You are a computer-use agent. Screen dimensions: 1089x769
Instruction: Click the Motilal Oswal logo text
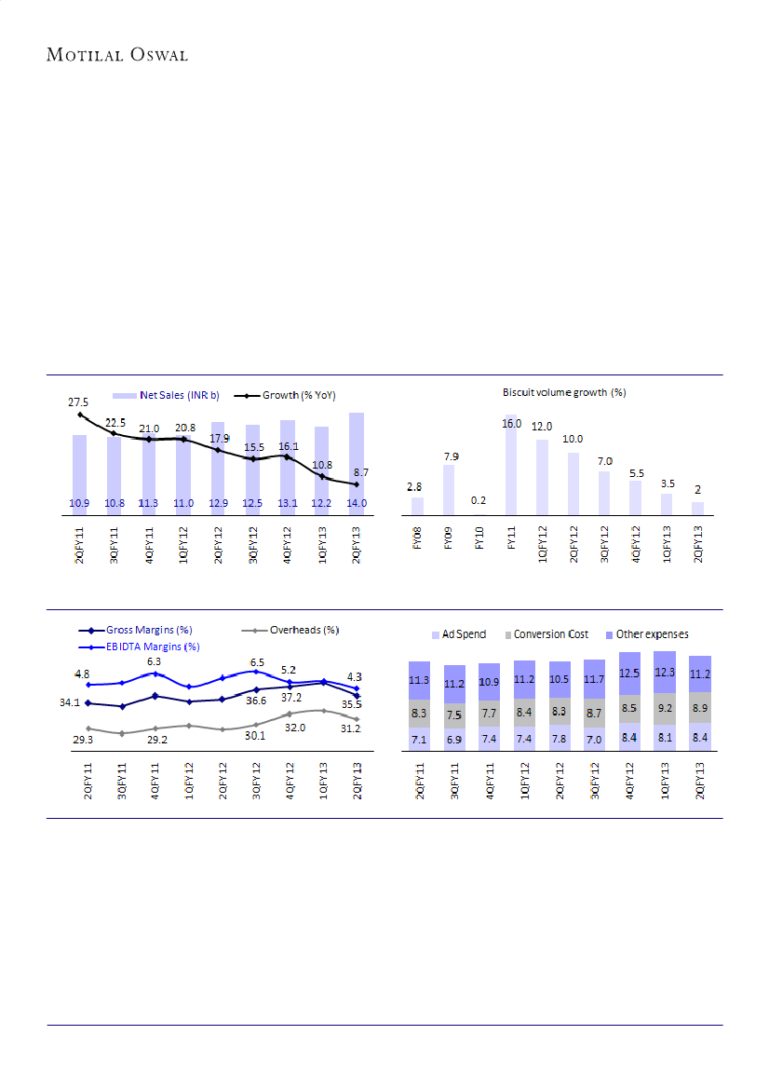117,54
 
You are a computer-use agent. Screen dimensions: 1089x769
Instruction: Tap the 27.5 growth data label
79,402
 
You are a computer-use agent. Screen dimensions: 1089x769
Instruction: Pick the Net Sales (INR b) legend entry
180,395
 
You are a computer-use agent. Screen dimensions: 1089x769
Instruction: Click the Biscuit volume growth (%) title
564,392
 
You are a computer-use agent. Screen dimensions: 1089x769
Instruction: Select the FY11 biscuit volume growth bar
511,465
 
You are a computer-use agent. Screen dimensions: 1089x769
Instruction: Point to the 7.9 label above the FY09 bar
451,456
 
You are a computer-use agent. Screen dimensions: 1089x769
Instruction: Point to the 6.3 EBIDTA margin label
155,662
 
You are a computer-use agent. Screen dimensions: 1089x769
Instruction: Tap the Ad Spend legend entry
459,634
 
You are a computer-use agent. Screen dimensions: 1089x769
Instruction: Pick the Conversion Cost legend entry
549,634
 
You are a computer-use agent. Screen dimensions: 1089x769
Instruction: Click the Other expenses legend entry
652,634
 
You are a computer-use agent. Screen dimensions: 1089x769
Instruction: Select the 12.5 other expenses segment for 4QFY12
629,674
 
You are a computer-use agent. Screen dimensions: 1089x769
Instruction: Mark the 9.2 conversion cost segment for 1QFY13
664,708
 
